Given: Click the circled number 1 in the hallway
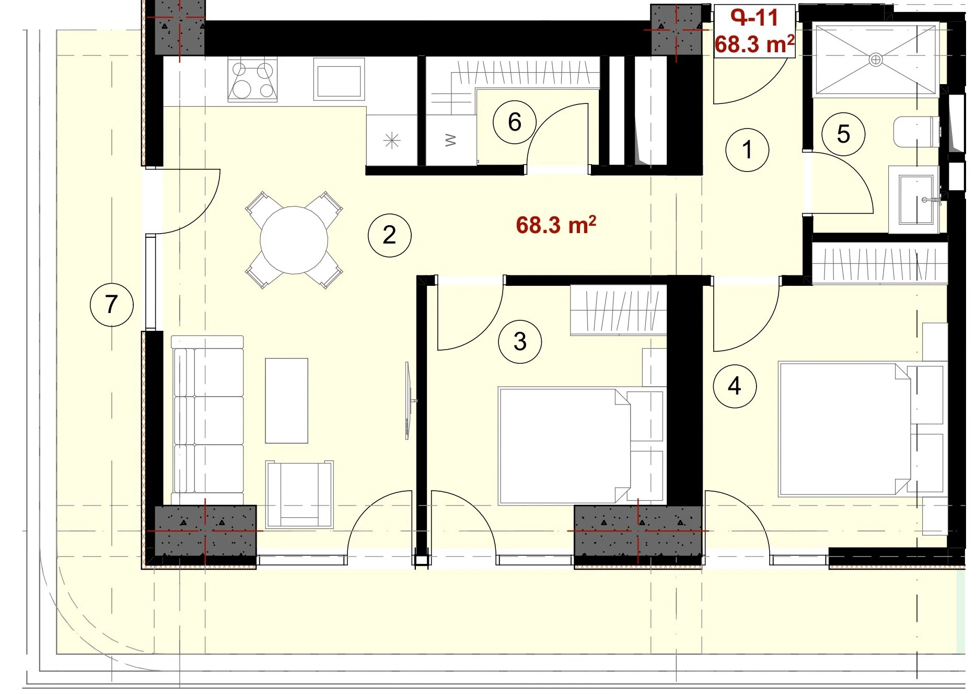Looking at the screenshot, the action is pyautogui.click(x=747, y=150).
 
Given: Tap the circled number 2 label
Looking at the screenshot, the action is pyautogui.click(x=389, y=235).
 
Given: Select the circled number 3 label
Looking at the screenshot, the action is pyautogui.click(x=520, y=342).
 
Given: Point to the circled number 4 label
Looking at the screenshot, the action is pyautogui.click(x=735, y=386).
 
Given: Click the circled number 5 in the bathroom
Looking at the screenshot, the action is pyautogui.click(x=843, y=134).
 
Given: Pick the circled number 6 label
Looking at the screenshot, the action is pyautogui.click(x=515, y=122).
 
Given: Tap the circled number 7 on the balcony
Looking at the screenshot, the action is pyautogui.click(x=111, y=305).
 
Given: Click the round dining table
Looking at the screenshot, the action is pyautogui.click(x=294, y=240).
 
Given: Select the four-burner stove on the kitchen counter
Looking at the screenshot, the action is pyautogui.click(x=252, y=80).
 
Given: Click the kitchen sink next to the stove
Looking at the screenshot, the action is pyautogui.click(x=339, y=79).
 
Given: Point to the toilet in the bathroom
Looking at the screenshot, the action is pyautogui.click(x=916, y=132).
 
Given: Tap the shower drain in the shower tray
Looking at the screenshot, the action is pyautogui.click(x=875, y=60).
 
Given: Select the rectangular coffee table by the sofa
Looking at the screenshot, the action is pyautogui.click(x=286, y=401).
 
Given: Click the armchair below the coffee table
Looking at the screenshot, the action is pyautogui.click(x=299, y=494).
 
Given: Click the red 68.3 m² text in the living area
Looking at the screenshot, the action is pyautogui.click(x=556, y=225).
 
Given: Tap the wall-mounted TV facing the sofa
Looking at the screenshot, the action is pyautogui.click(x=409, y=400).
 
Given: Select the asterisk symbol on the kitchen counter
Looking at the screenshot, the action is pyautogui.click(x=392, y=141).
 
